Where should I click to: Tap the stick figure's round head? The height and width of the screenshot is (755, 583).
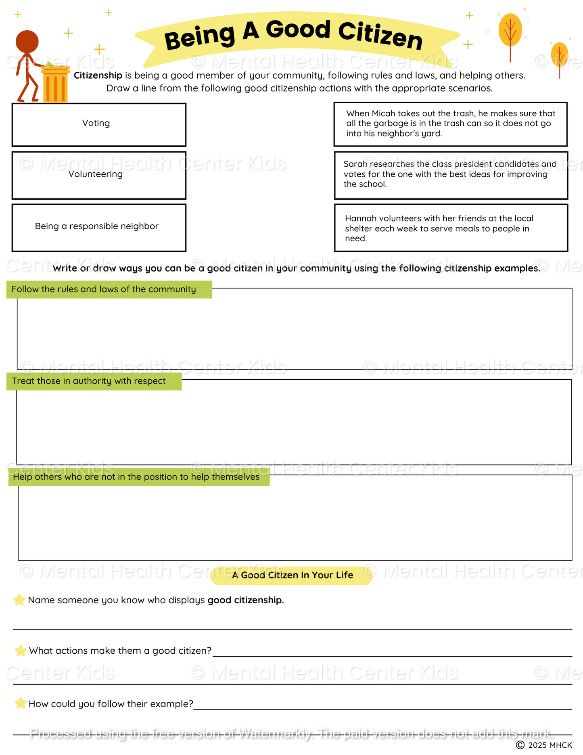point(27,42)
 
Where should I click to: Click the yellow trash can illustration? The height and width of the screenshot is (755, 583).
point(55,84)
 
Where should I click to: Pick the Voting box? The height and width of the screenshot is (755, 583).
point(99,125)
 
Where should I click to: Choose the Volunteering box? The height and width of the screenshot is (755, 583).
point(99,175)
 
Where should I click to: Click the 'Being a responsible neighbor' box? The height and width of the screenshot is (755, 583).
point(99,228)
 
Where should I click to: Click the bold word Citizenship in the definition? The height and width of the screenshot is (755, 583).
point(98,75)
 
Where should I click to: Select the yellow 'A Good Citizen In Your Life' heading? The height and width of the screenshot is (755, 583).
point(291,575)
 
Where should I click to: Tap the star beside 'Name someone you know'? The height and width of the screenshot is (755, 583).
point(19,600)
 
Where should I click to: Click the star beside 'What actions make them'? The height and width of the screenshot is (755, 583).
point(20,650)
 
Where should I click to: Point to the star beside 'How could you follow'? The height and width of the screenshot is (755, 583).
point(20,703)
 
